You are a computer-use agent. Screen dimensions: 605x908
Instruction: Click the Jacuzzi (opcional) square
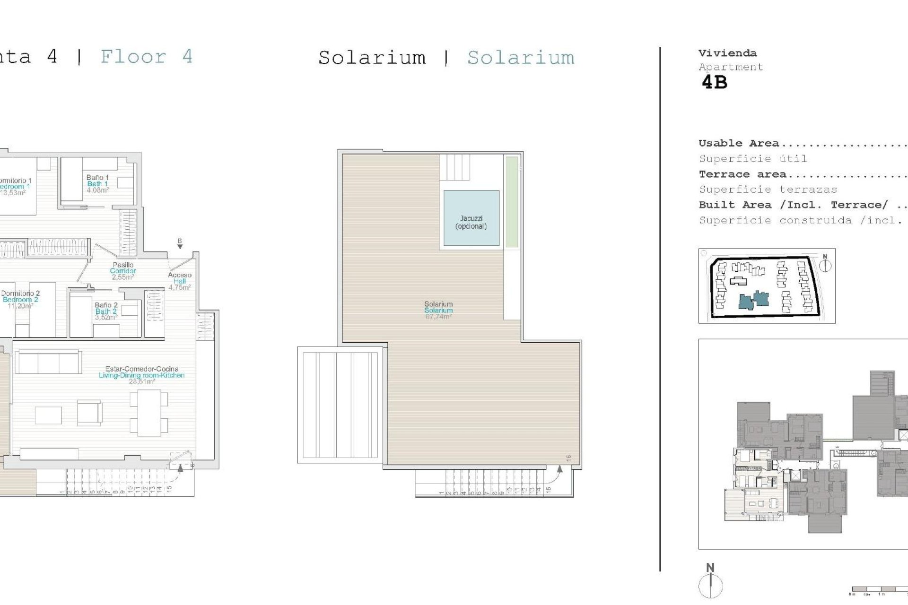[x=471, y=218]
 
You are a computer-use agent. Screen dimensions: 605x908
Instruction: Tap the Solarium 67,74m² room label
[x=438, y=311]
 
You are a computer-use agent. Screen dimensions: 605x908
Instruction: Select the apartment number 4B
[x=714, y=83]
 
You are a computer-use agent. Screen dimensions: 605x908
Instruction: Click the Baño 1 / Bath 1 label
[x=97, y=184]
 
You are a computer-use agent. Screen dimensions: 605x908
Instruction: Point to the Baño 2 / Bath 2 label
[x=106, y=311]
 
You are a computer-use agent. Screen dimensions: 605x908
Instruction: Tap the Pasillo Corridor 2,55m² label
[x=123, y=271]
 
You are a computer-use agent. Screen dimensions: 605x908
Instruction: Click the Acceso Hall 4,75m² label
[x=180, y=281]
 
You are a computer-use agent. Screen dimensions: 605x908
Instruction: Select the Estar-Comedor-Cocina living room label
[x=141, y=375]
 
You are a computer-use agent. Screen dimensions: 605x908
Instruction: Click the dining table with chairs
[x=149, y=413]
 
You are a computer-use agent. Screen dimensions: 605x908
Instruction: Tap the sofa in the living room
[x=48, y=363]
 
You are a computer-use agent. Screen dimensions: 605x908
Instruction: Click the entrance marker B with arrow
[x=180, y=243]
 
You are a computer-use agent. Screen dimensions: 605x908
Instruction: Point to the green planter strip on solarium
[x=512, y=202]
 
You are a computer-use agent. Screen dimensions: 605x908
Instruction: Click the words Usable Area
[x=738, y=143]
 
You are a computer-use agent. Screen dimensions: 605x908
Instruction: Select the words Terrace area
[x=742, y=174]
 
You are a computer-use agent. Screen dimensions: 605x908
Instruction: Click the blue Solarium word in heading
[x=521, y=58]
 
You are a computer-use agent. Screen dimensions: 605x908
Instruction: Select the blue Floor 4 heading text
[x=147, y=57]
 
